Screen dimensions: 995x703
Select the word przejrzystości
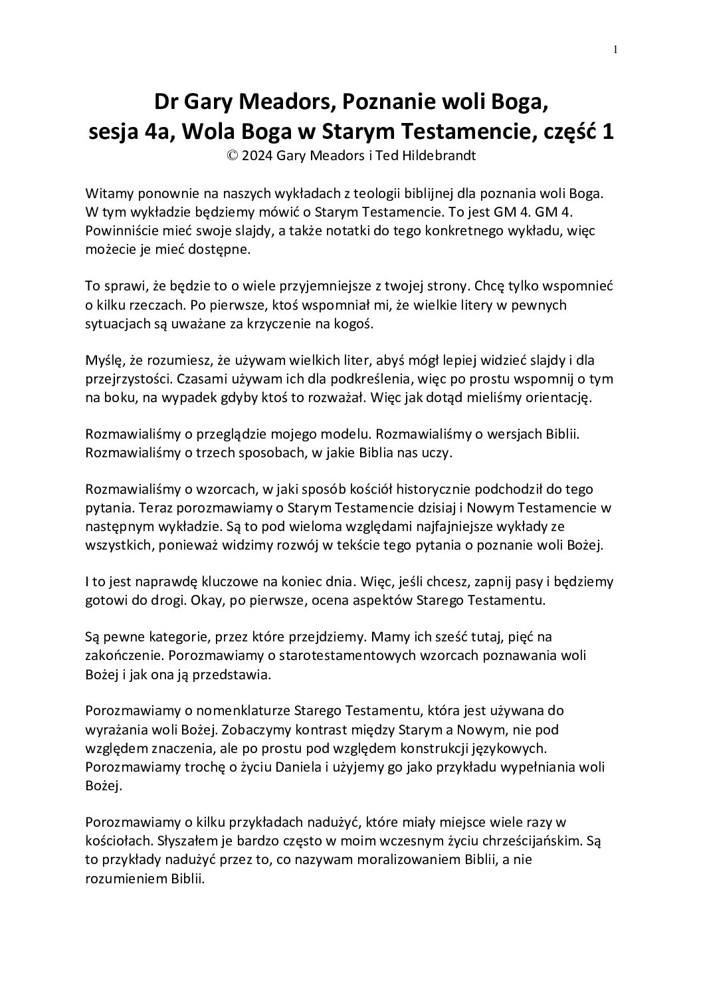[127, 378]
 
